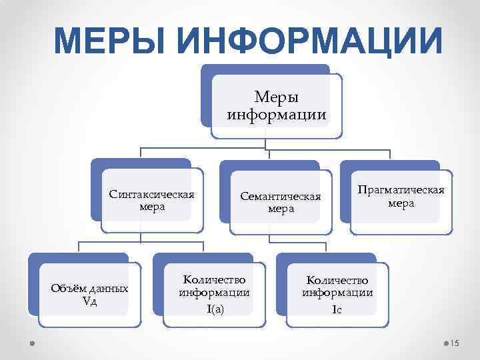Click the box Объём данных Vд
click(89, 295)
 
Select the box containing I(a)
click(214, 293)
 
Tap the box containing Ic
click(337, 294)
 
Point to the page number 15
click(456, 343)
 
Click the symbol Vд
click(89, 301)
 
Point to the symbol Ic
click(337, 309)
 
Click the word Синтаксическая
click(151, 195)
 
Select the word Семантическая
click(281, 197)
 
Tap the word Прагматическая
click(401, 190)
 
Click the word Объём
click(65, 289)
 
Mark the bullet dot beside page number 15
click(446, 343)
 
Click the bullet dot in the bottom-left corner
click(33, 343)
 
